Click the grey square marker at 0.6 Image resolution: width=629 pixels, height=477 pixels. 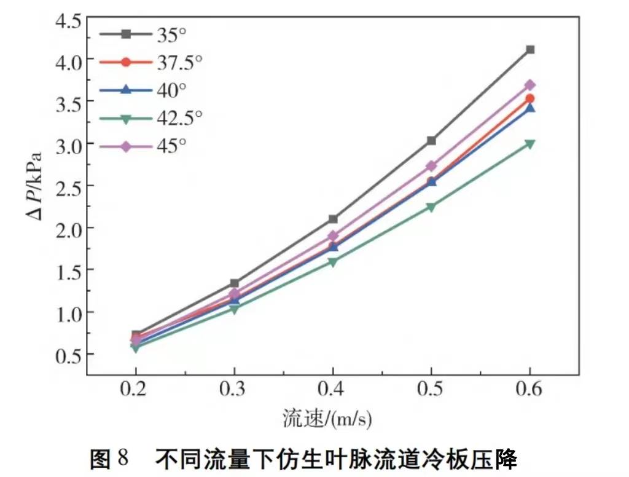(x=529, y=50)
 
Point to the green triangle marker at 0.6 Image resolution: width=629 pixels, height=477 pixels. (x=529, y=144)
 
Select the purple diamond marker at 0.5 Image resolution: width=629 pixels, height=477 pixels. (x=431, y=166)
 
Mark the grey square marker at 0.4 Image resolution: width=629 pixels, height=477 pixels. (x=333, y=219)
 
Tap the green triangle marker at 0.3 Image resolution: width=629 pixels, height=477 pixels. (x=234, y=309)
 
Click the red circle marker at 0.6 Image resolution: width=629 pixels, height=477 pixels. (x=529, y=98)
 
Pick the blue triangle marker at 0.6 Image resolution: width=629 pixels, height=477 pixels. (x=529, y=108)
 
